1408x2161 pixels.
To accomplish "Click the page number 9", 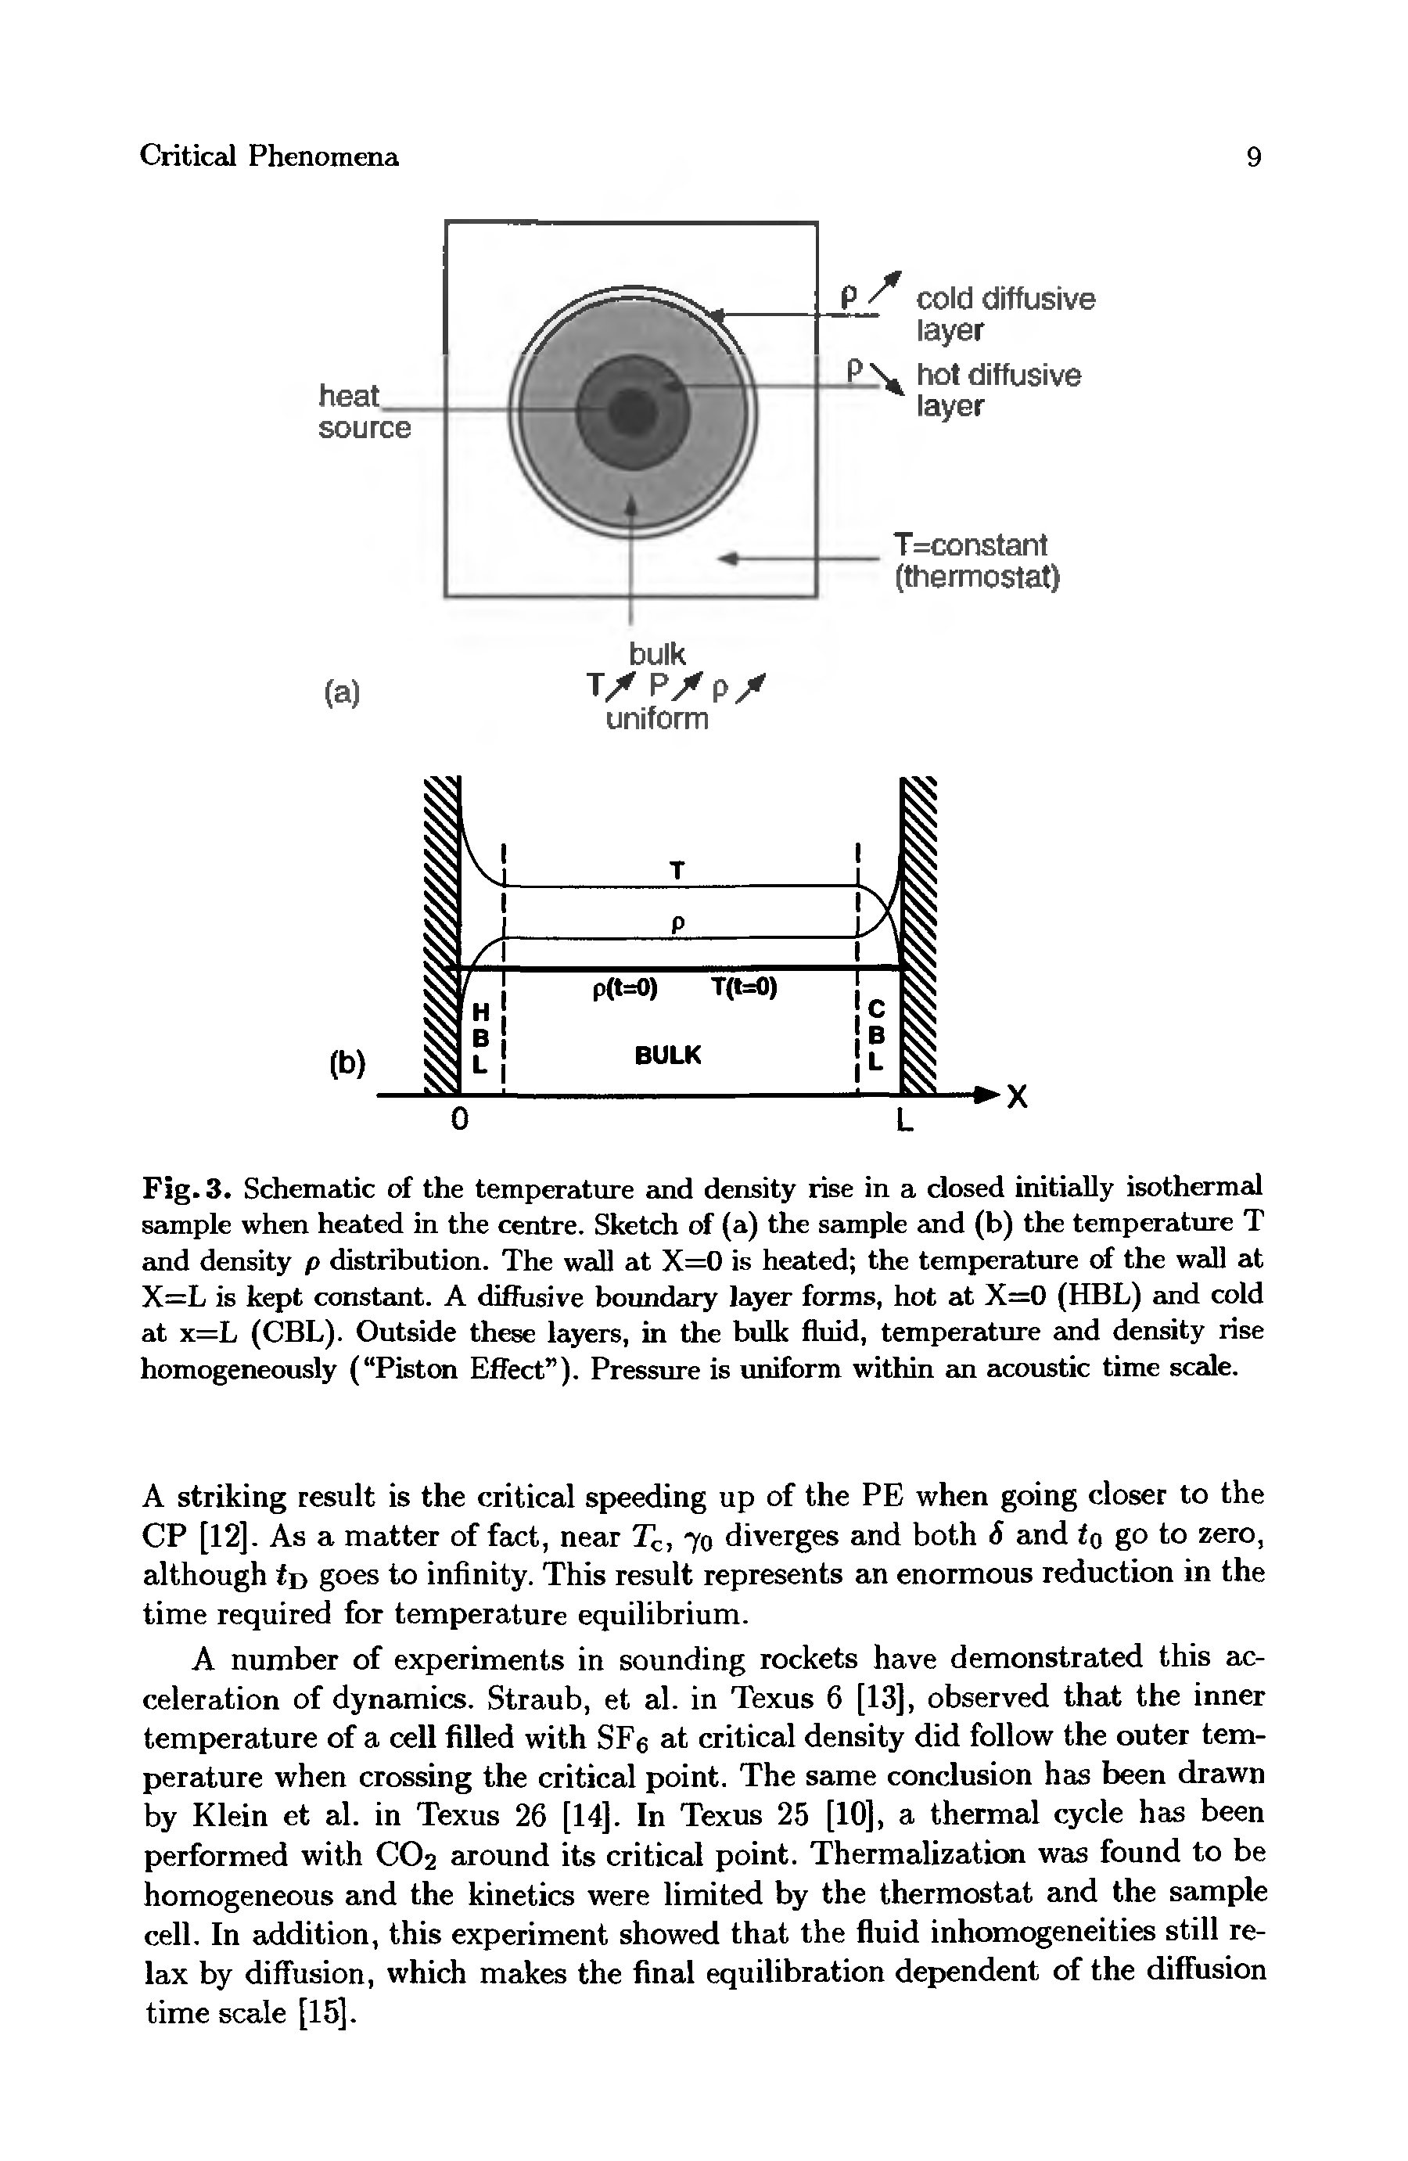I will pyautogui.click(x=1253, y=158).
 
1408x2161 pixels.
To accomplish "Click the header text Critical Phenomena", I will pyautogui.click(x=269, y=157).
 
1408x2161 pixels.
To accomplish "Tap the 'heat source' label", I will pyautogui.click(x=363, y=412).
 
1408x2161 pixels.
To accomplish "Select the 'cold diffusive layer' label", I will pyautogui.click(x=1005, y=313).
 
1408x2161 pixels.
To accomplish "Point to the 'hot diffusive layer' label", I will pyautogui.click(x=997, y=390).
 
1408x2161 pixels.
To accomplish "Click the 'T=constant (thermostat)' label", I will pyautogui.click(x=977, y=560).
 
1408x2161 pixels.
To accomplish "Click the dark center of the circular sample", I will pyautogui.click(x=628, y=406).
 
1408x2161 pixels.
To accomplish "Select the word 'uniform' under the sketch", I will pyautogui.click(x=657, y=719).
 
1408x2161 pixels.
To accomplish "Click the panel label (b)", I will pyautogui.click(x=347, y=1063).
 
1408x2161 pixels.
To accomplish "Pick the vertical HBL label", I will pyautogui.click(x=482, y=1036).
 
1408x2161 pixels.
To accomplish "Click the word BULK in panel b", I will pyautogui.click(x=668, y=1055).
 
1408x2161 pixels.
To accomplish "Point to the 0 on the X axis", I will pyautogui.click(x=459, y=1120).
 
